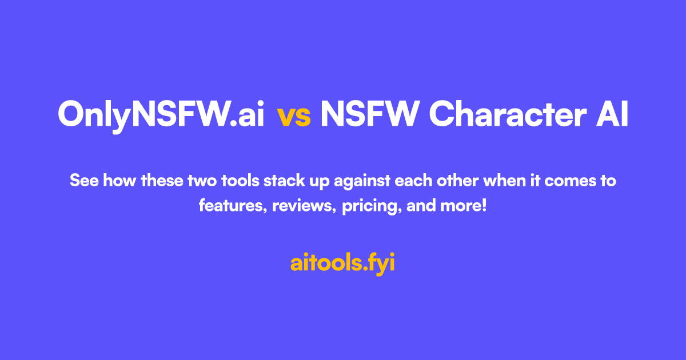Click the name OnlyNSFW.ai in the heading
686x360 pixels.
tap(161, 115)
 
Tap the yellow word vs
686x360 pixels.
tap(294, 116)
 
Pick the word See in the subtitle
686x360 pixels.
tap(82, 182)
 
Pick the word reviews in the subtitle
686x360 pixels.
tap(304, 206)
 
